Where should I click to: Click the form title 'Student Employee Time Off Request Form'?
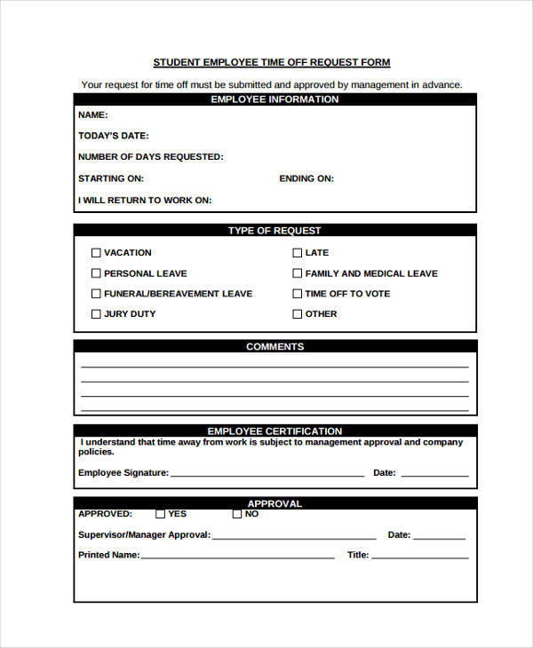click(x=271, y=62)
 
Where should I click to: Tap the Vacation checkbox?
click(x=96, y=253)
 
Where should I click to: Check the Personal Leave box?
click(x=96, y=273)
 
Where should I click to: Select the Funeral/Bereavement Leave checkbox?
click(x=96, y=294)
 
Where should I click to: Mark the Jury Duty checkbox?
click(x=96, y=314)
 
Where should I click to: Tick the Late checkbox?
click(x=298, y=253)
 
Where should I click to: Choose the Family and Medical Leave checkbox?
click(x=298, y=273)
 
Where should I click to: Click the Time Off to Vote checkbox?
click(x=298, y=294)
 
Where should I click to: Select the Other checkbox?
click(x=298, y=314)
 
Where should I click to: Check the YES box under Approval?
click(x=160, y=514)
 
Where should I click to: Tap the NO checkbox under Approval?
click(x=237, y=514)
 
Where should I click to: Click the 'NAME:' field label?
click(x=93, y=115)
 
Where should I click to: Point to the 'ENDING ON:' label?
click(x=306, y=178)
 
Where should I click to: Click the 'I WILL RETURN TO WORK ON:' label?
click(x=145, y=201)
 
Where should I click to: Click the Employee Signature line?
click(x=266, y=475)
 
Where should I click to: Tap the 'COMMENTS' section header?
click(x=274, y=347)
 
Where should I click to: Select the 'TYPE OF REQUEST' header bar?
click(x=274, y=231)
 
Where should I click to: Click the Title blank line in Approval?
click(x=419, y=557)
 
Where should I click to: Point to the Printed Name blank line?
click(x=237, y=557)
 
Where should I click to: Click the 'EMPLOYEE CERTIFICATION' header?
click(x=274, y=431)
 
